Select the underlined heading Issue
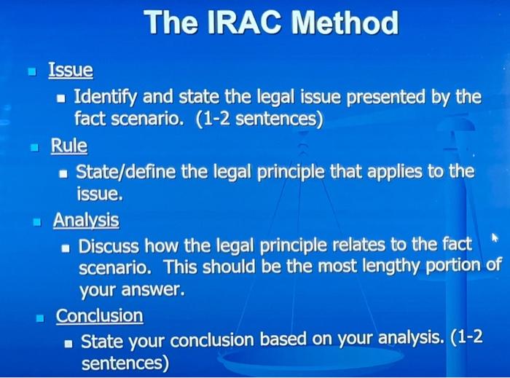[x=71, y=71]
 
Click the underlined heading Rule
[x=68, y=146]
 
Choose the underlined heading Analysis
[x=86, y=219]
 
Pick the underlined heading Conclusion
[x=100, y=315]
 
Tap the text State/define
[x=124, y=172]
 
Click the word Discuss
[x=108, y=245]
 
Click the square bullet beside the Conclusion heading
[x=41, y=317]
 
